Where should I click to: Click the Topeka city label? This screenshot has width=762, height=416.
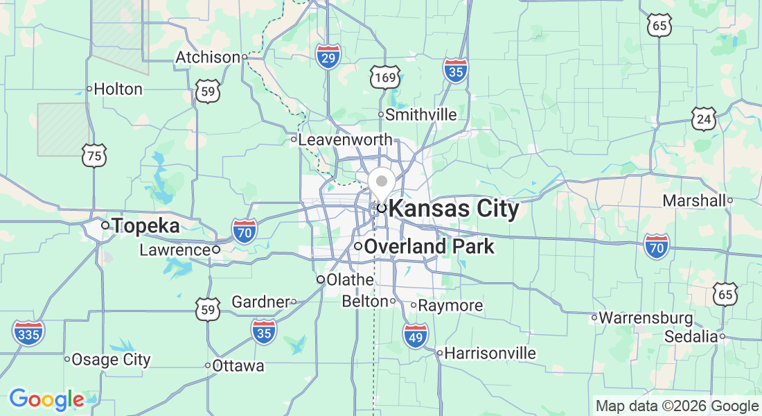(145, 225)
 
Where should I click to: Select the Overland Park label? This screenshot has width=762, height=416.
(429, 246)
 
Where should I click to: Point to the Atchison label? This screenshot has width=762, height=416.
(208, 57)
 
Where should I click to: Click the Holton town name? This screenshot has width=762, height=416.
(118, 89)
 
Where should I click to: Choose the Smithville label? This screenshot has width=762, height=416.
(421, 114)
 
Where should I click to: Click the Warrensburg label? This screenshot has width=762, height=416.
(646, 318)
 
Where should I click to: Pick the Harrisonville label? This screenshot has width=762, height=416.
(490, 353)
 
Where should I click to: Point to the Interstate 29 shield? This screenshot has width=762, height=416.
(328, 57)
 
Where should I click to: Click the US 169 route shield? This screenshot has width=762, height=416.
(384, 77)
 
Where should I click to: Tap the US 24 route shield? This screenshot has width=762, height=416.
(704, 120)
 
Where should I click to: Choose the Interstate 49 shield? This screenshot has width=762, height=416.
(415, 336)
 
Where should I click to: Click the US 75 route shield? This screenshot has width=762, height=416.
(94, 156)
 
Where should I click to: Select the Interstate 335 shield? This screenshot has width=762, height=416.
(28, 333)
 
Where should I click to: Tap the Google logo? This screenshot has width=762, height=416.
(46, 399)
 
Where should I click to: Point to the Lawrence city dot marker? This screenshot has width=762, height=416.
(216, 250)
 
